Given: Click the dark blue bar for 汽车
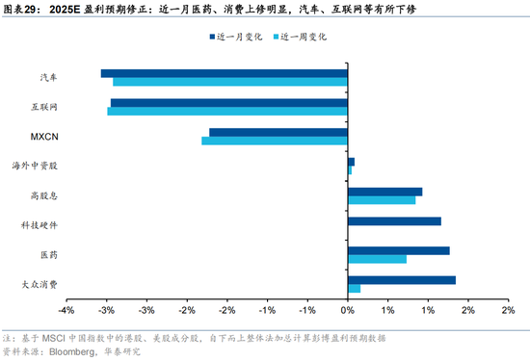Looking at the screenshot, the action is pos(225,73).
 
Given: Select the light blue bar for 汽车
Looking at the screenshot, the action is pos(230,82).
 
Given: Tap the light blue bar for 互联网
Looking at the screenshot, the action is pos(227,112).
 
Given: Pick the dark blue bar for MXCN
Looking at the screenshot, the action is pos(278,133).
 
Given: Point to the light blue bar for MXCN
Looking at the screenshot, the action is pos(275,141).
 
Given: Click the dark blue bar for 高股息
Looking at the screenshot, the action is pos(385,192).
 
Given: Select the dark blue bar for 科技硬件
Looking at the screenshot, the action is pos(394,221).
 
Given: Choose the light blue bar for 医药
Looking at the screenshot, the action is pos(377,259).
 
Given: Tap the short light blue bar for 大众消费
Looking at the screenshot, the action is pos(355,289).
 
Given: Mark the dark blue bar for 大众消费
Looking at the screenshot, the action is pos(402,280).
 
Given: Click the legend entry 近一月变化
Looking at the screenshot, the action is pos(236,37).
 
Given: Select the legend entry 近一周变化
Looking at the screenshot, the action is pos(300,37).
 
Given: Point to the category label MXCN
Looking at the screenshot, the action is pos(44,137).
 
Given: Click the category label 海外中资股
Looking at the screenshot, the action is pos(35,166).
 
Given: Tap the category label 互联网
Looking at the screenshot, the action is pos(44,107).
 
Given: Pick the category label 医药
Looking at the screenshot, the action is pos(49,254).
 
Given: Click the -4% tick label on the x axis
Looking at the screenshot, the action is pos(66,310).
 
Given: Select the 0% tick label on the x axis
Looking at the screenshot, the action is pos(348,310).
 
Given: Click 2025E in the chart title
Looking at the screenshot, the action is pos(65,9).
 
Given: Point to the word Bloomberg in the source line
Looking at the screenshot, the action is pos(72,352).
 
